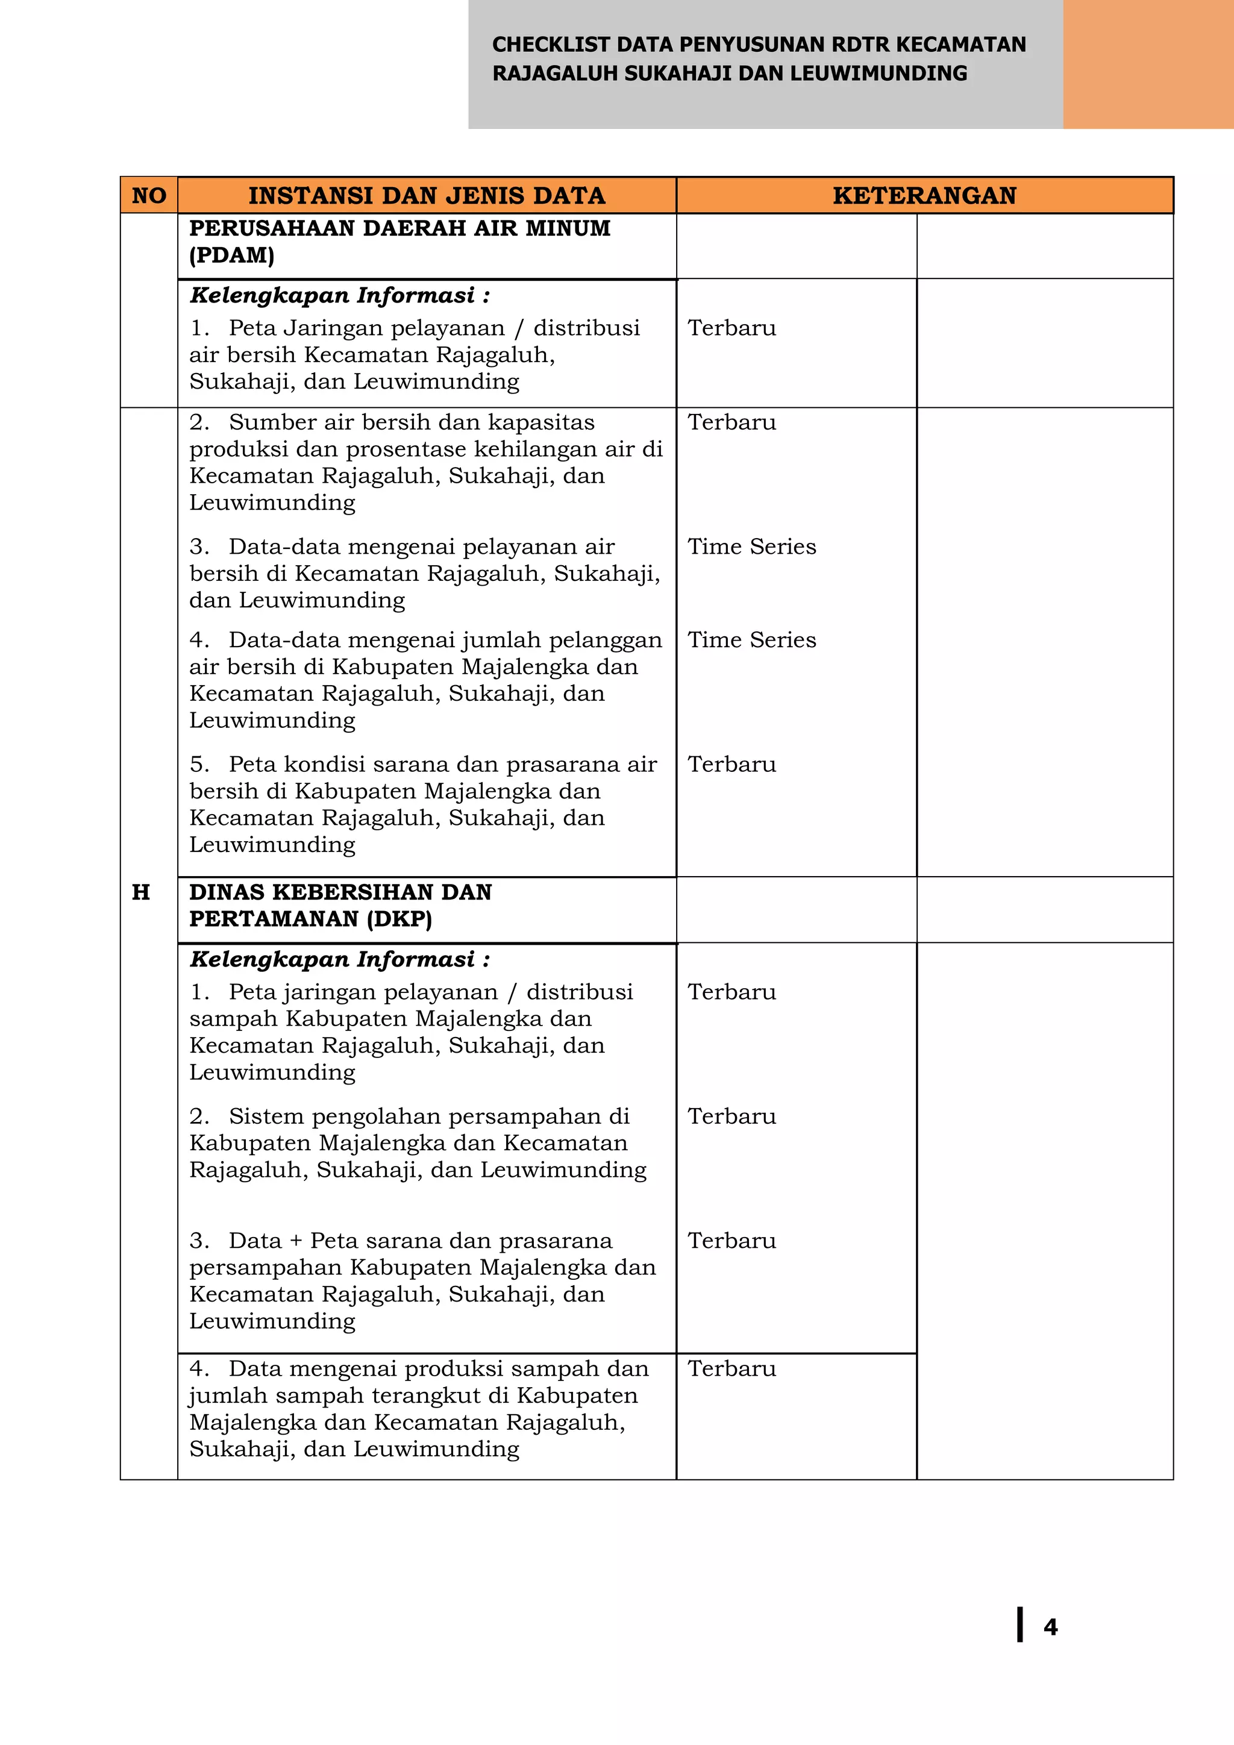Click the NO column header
pos(149,195)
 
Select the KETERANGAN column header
pos(924,195)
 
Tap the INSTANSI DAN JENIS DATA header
pos(426,195)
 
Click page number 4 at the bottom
pos(1050,1626)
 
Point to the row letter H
pos(140,892)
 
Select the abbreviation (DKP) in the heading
pos(399,919)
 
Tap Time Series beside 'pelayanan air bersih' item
pos(751,547)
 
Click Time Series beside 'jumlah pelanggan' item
pos(751,640)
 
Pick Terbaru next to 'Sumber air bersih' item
pos(731,422)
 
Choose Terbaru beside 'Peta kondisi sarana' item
pos(731,765)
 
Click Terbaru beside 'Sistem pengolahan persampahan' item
pos(731,1117)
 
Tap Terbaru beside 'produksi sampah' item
pos(731,1369)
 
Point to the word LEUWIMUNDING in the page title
pos(879,74)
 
